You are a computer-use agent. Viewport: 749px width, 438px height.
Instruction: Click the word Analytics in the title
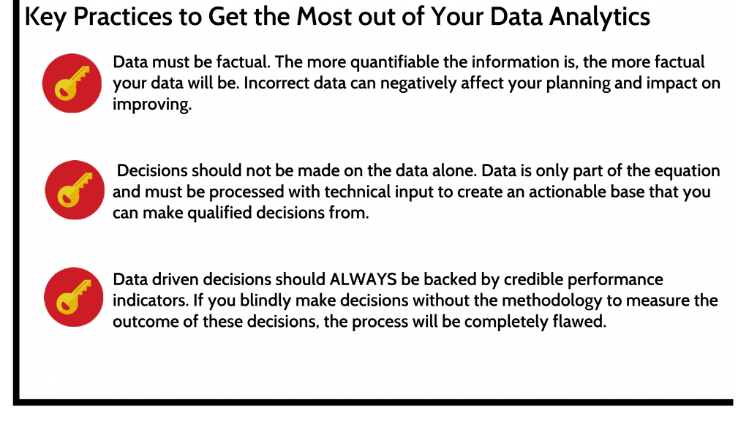[599, 18]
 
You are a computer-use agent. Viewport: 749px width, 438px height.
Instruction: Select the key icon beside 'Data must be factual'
[72, 83]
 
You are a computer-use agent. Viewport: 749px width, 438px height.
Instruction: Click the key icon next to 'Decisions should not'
[75, 190]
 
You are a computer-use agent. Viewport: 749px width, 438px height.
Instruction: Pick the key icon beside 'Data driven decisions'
[74, 297]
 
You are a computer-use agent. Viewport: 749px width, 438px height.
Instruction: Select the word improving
[152, 105]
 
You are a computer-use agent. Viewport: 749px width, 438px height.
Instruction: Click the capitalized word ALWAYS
[363, 279]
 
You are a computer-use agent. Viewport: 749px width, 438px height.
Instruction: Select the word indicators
[151, 301]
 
